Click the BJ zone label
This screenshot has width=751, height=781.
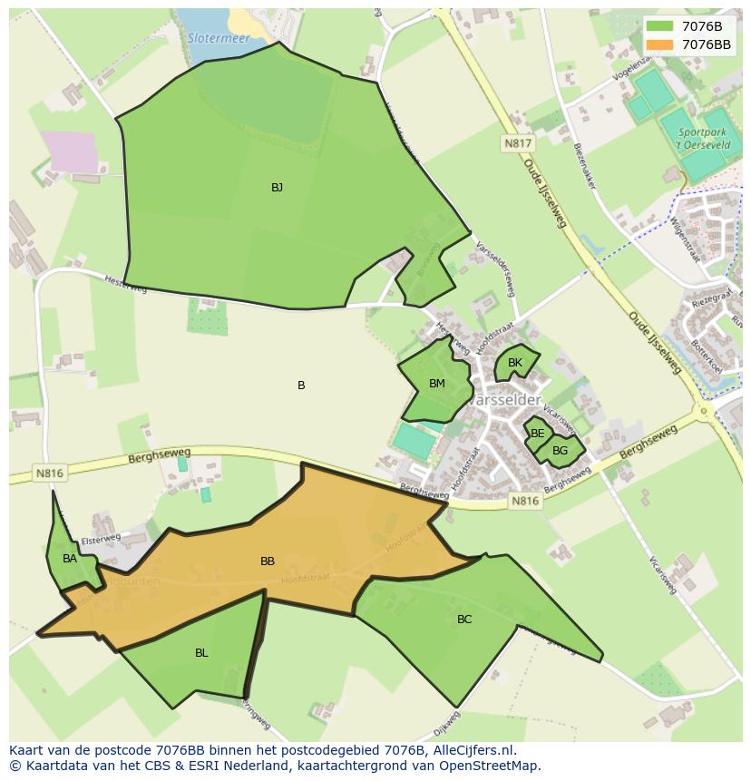pyautogui.click(x=277, y=188)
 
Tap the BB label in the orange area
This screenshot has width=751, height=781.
pyautogui.click(x=268, y=561)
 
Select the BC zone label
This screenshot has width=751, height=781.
pyautogui.click(x=464, y=620)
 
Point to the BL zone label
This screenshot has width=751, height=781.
pyautogui.click(x=201, y=653)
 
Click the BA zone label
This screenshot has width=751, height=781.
pyautogui.click(x=70, y=559)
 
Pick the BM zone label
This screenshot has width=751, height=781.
pyautogui.click(x=437, y=384)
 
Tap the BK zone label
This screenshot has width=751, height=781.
pyautogui.click(x=515, y=363)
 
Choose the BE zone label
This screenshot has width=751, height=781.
pyautogui.click(x=538, y=434)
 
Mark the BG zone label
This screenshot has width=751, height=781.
pyautogui.click(x=561, y=450)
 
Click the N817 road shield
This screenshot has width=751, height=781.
pyautogui.click(x=519, y=143)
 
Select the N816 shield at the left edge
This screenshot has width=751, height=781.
pyautogui.click(x=49, y=473)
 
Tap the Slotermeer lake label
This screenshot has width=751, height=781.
pyautogui.click(x=219, y=38)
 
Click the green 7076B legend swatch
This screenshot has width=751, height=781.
pyautogui.click(x=660, y=26)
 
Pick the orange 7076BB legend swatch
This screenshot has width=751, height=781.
pyautogui.click(x=660, y=44)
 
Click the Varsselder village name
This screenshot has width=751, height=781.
pyautogui.click(x=509, y=400)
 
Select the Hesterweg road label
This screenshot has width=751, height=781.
pyautogui.click(x=124, y=285)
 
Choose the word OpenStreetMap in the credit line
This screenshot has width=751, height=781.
pyautogui.click(x=489, y=766)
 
